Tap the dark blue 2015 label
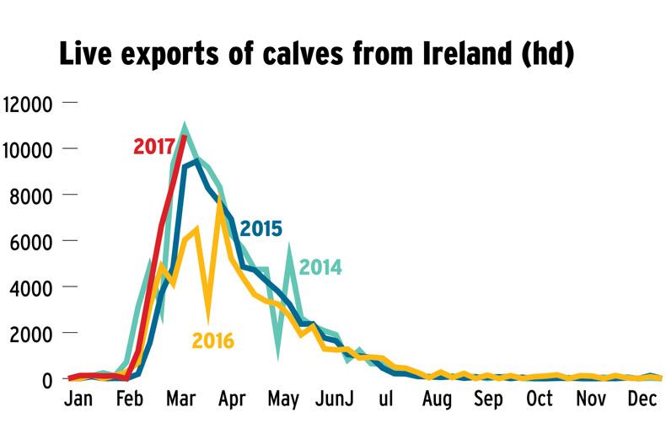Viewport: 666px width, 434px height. pyautogui.click(x=260, y=228)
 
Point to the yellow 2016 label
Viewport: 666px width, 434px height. pyautogui.click(x=212, y=340)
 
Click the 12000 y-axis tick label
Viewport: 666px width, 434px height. pyautogui.click(x=28, y=104)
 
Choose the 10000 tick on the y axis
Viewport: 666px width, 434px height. pyautogui.click(x=28, y=150)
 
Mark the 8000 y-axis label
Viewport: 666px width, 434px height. pyautogui.click(x=32, y=196)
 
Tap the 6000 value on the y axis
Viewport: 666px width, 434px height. pyautogui.click(x=32, y=242)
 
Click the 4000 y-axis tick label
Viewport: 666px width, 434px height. pyautogui.click(x=32, y=287)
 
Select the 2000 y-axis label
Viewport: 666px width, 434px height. pyautogui.click(x=32, y=334)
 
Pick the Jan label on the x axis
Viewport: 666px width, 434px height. pyautogui.click(x=78, y=399)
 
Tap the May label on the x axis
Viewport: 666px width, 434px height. pyautogui.click(x=284, y=399)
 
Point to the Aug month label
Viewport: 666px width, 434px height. pyautogui.click(x=438, y=399)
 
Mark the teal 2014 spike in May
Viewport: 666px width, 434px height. pyautogui.click(x=289, y=246)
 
